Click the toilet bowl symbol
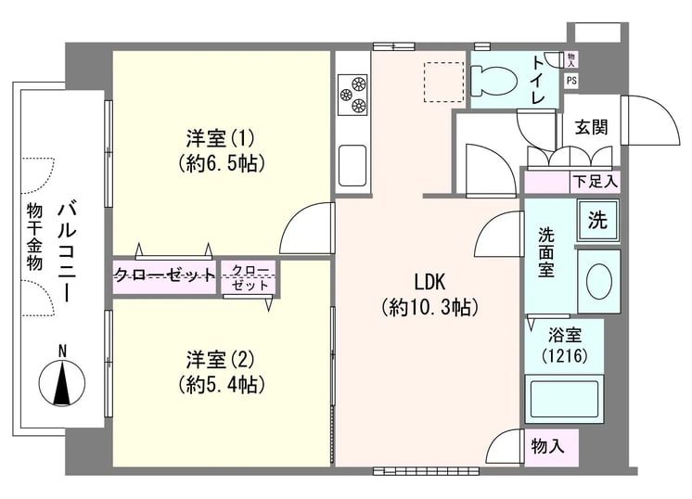(493, 81)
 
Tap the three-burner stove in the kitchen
(352, 95)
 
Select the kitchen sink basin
(352, 165)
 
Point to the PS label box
(571, 81)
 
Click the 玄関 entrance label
(592, 127)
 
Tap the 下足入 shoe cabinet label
(595, 181)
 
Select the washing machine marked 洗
(598, 219)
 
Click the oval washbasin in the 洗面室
(599, 281)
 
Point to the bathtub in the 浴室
(564, 399)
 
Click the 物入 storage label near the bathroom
(547, 446)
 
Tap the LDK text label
(429, 282)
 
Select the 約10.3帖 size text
(429, 307)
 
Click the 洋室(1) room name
(220, 138)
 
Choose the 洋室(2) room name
(220, 360)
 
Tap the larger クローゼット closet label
(164, 275)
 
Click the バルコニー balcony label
(67, 252)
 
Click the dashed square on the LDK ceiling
(444, 83)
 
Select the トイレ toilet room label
(538, 80)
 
